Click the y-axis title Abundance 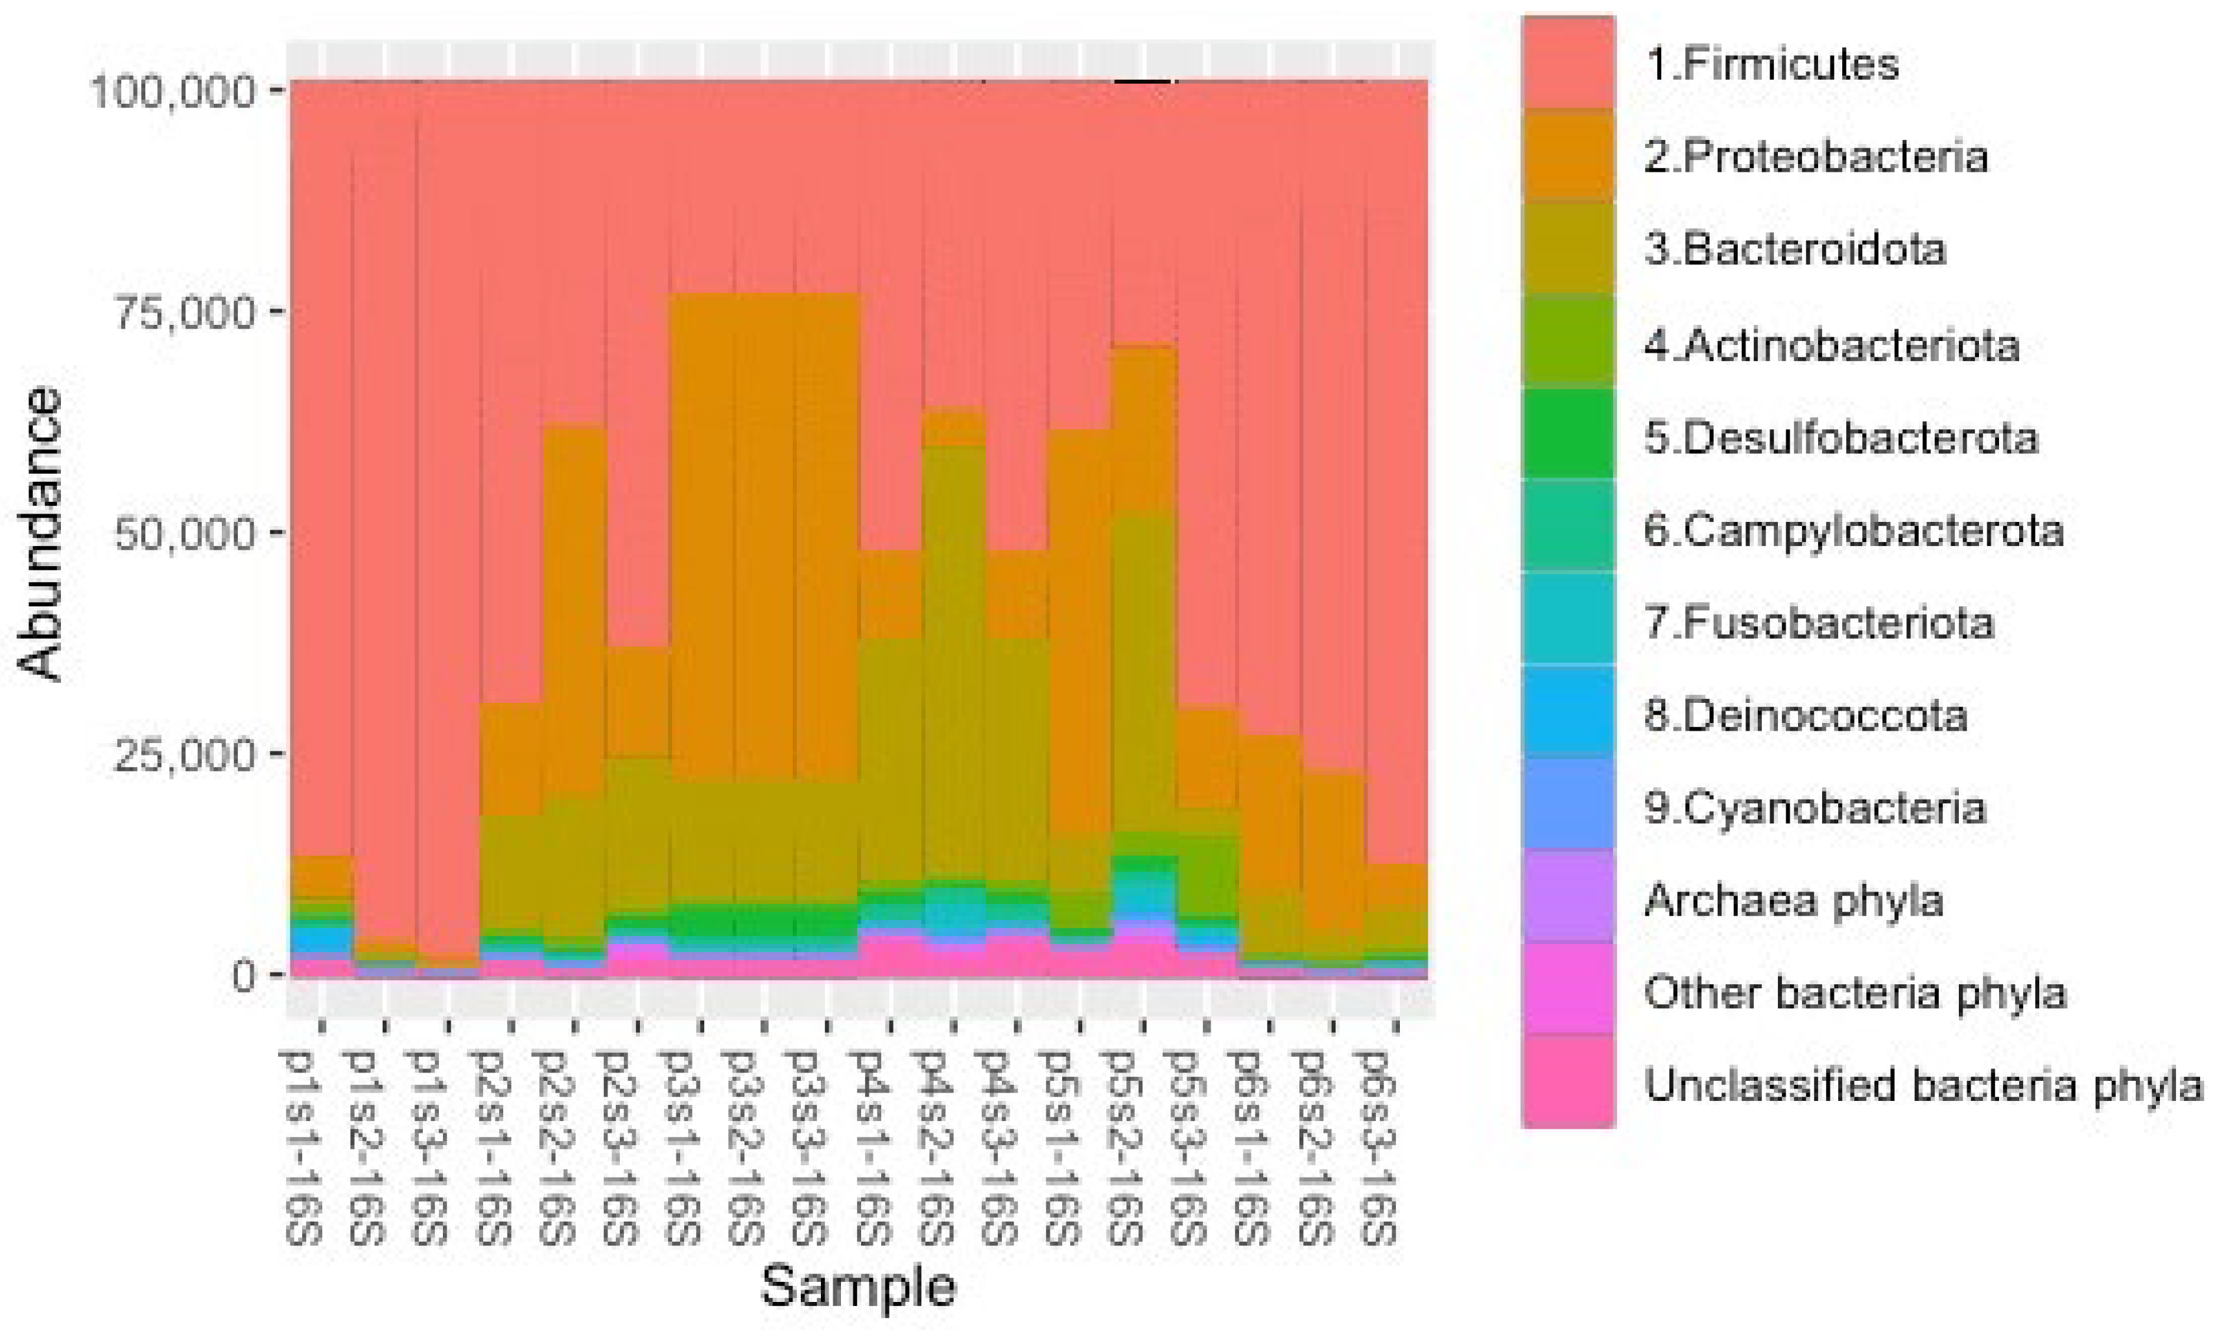pyautogui.click(x=41, y=534)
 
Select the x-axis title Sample pyautogui.click(x=858, y=1286)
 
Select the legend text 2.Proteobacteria pyautogui.click(x=1815, y=157)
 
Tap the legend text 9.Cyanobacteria pyautogui.click(x=1814, y=807)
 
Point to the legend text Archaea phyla pyautogui.click(x=1794, y=900)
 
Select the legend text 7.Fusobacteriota pyautogui.click(x=1819, y=622)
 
